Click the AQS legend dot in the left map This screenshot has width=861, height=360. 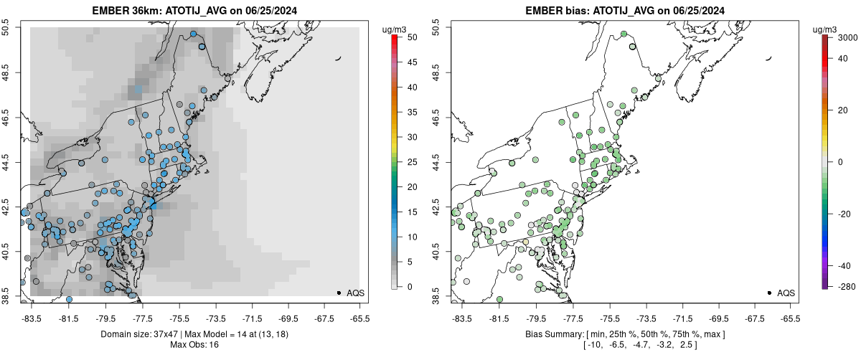pos(339,293)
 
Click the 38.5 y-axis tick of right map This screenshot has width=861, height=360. pos(436,296)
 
